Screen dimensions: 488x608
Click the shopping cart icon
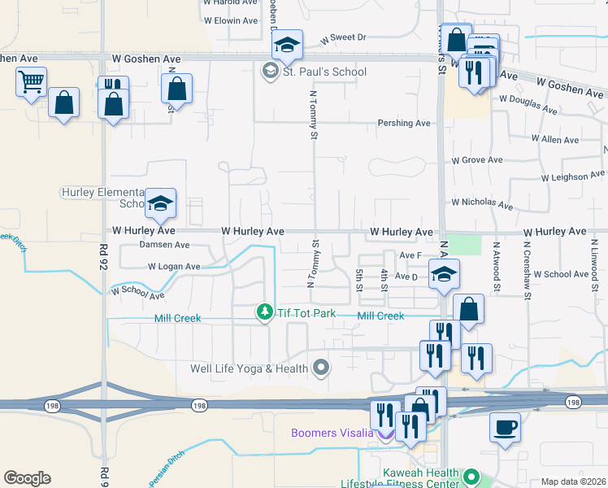tap(31, 81)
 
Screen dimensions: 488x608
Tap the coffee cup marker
tap(505, 427)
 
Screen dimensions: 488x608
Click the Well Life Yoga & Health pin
tap(321, 368)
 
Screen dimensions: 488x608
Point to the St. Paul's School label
tap(324, 72)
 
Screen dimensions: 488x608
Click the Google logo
tap(27, 478)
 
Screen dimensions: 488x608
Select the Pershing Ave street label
tap(404, 123)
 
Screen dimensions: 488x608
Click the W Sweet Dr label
tap(344, 37)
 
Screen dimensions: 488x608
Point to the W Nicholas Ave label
tap(483, 203)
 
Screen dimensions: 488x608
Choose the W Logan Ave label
tap(173, 266)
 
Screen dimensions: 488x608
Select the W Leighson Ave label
tap(574, 176)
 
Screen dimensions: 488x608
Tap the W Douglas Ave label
tap(528, 104)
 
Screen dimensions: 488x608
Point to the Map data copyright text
tap(573, 481)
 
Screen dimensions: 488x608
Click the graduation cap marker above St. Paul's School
tap(287, 45)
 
